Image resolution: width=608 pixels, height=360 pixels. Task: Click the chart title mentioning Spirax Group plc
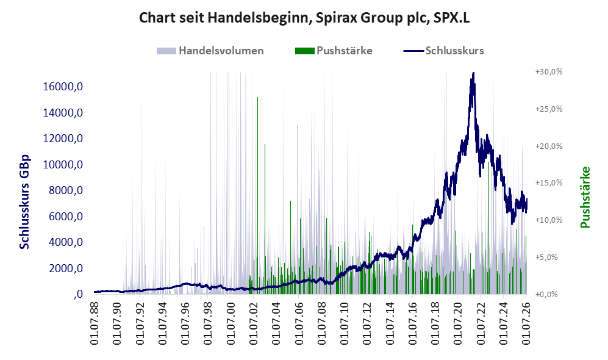click(304, 18)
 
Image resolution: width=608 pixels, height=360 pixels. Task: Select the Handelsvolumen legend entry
click(210, 51)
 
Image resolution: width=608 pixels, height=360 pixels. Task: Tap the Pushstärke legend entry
click(334, 51)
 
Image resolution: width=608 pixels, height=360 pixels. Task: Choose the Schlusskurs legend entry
click(443, 51)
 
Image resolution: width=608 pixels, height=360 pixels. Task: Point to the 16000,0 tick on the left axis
click(63, 87)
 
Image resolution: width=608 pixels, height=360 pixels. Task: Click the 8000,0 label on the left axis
click(66, 190)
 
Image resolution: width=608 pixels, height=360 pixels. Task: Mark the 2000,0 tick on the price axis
click(66, 268)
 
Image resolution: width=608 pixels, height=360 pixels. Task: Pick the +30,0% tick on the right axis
click(549, 72)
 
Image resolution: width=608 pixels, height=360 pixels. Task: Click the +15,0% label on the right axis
click(549, 182)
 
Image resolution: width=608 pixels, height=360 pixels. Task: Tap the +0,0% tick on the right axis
click(547, 294)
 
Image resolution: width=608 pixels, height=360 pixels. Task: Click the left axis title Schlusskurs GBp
click(24, 202)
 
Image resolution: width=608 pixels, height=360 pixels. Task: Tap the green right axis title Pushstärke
click(585, 198)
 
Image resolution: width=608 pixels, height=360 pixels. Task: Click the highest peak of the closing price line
click(473, 73)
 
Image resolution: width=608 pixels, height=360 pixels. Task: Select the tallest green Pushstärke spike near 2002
click(257, 194)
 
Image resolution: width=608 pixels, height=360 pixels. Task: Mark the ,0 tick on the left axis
click(78, 295)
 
